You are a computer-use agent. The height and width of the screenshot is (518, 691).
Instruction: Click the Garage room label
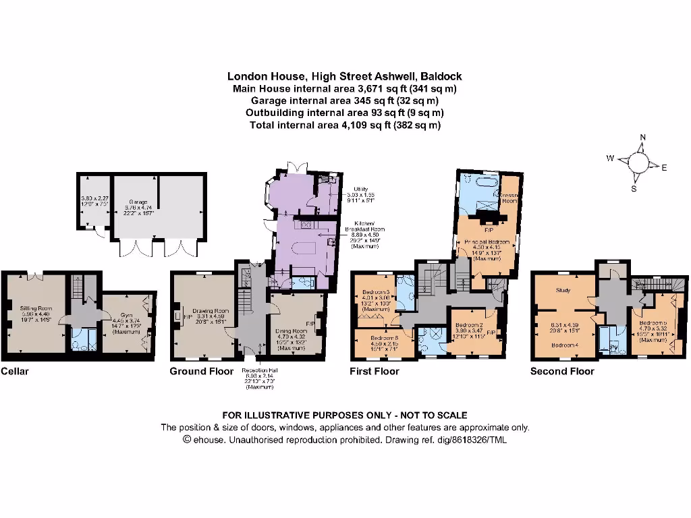point(138,201)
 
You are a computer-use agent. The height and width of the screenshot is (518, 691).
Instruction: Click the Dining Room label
point(292,330)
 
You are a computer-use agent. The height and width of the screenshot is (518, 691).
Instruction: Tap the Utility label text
point(361,189)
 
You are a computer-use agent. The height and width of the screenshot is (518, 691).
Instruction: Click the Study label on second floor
point(564,291)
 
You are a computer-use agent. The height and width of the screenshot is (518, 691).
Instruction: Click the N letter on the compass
point(642,138)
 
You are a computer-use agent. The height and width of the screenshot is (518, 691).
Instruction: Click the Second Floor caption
point(562,371)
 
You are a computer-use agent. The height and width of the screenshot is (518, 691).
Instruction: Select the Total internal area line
point(345,125)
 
